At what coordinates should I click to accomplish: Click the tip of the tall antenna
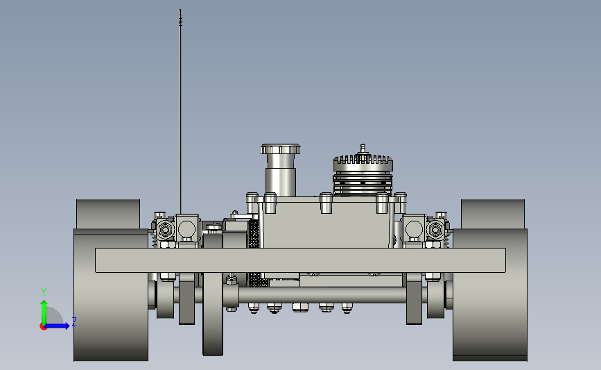pyautogui.click(x=180, y=10)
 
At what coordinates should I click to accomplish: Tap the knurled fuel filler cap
pyautogui.click(x=281, y=149)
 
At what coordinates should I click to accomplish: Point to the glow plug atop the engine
pyautogui.click(x=363, y=149)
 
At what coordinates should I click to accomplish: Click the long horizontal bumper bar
pyautogui.click(x=301, y=260)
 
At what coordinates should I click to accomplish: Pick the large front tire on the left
pyautogui.click(x=111, y=294)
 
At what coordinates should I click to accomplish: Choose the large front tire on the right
pyautogui.click(x=490, y=294)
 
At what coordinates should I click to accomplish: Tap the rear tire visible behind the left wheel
pyautogui.click(x=108, y=214)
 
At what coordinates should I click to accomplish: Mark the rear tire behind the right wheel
pyautogui.click(x=493, y=214)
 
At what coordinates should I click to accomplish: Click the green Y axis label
pyautogui.click(x=44, y=292)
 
